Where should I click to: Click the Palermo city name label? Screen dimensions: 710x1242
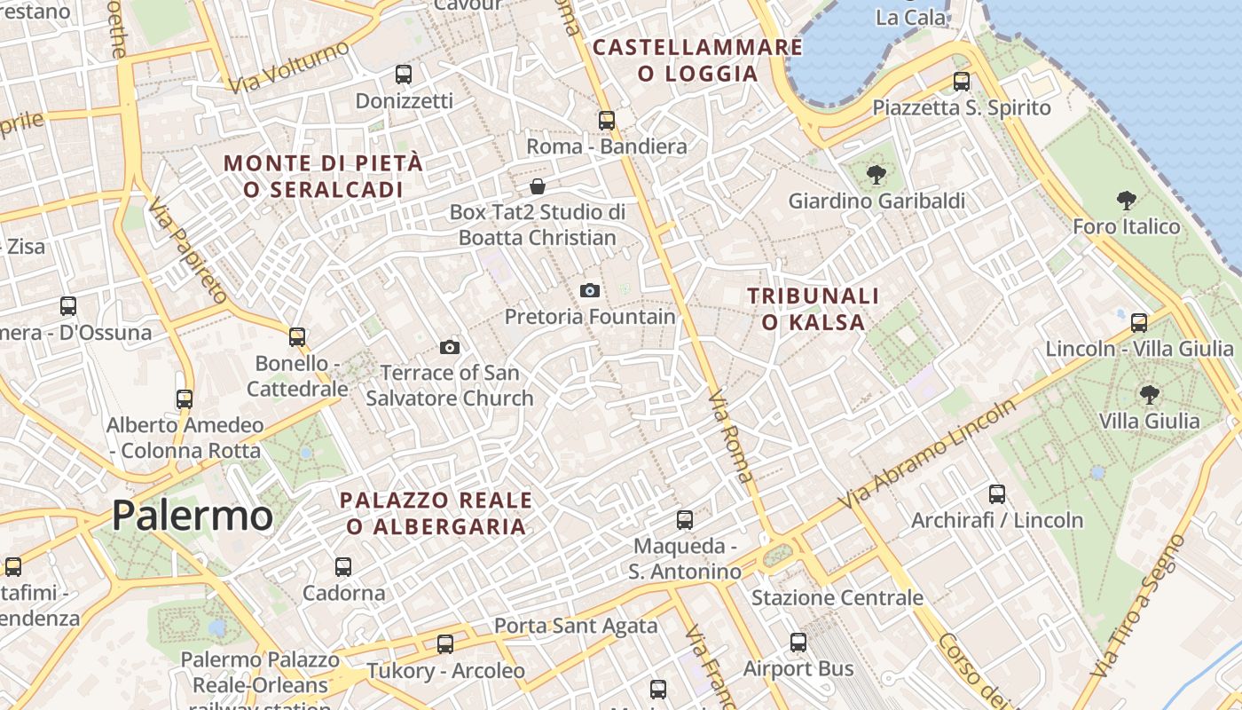[x=193, y=516]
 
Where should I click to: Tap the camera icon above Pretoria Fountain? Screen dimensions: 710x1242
[x=589, y=290]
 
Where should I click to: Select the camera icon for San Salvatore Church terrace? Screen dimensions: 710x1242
[x=450, y=347]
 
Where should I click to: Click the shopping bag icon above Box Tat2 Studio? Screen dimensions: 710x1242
[x=538, y=186]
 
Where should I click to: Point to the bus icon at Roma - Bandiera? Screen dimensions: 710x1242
[x=607, y=120]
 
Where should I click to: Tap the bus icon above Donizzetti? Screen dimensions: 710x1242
[x=404, y=75]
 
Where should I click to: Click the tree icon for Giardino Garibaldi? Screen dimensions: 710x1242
[x=876, y=175]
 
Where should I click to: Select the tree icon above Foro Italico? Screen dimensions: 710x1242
[x=1127, y=201]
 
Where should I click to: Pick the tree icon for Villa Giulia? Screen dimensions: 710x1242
[x=1150, y=394]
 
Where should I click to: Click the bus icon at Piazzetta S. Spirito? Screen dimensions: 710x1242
[x=962, y=82]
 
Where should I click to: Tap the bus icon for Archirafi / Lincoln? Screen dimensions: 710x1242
[x=997, y=494]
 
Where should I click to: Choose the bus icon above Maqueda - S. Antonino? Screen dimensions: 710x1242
[x=685, y=520]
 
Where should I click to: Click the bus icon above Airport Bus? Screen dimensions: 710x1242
[x=798, y=643]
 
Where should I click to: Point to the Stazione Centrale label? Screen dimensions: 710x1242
[x=837, y=598]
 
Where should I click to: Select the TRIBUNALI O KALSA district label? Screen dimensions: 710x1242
[x=813, y=309]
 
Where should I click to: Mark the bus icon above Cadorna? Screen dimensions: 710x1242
[x=343, y=566]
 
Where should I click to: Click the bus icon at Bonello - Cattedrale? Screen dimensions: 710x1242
[x=297, y=337]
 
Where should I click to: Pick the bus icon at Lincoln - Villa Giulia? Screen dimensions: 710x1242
[x=1139, y=323]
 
